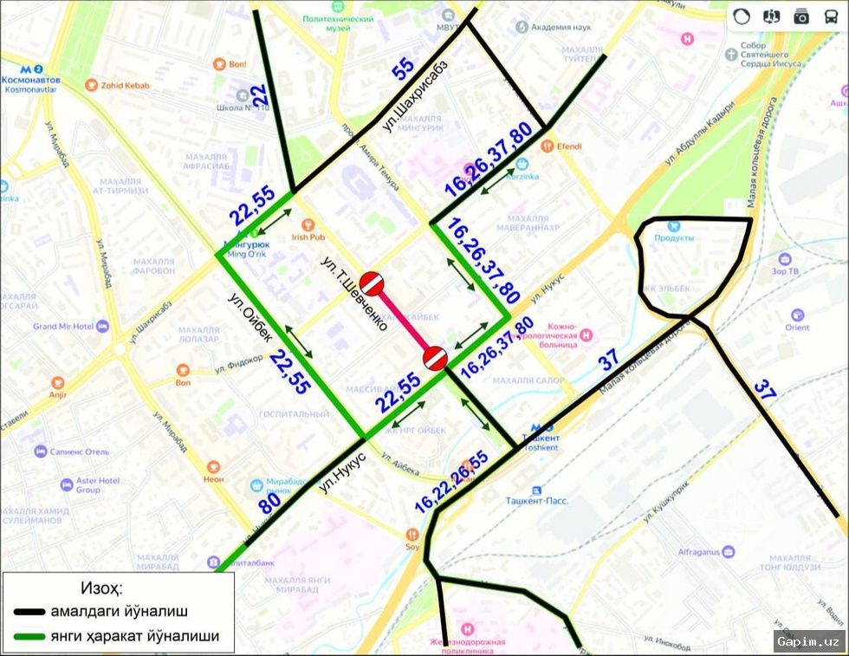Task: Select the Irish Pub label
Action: tap(308, 237)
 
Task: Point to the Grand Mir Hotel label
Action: tap(63, 327)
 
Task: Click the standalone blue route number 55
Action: tap(403, 70)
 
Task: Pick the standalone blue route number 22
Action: tap(258, 97)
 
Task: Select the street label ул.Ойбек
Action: tap(250, 318)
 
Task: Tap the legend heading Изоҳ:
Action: tap(101, 589)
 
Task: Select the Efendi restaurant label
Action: tap(567, 146)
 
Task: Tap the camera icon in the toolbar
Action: tap(801, 16)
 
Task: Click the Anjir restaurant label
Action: tap(57, 395)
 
